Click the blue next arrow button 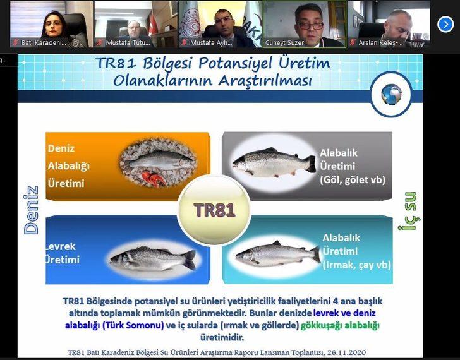[x=445, y=24]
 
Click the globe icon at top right [x=391, y=94]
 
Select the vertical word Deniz [x=31, y=210]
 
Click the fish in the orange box [x=157, y=162]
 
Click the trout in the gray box [x=273, y=163]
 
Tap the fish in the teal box [x=277, y=254]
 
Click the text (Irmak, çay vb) [x=356, y=265]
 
